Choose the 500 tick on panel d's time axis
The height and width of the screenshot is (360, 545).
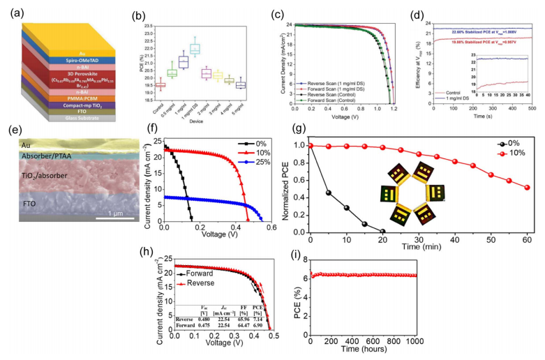pos(532,109)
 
